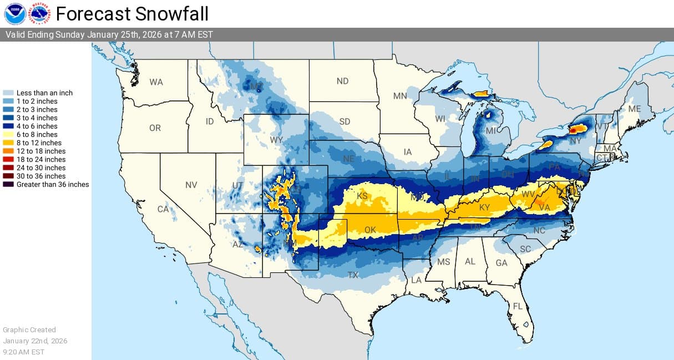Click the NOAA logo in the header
click(14, 13)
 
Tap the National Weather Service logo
click(39, 13)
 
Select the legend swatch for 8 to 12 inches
click(9, 143)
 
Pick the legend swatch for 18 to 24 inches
click(9, 159)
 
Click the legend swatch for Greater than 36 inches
click(9, 184)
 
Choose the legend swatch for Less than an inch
click(9, 93)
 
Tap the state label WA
click(156, 82)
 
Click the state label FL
click(518, 306)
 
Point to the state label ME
click(634, 109)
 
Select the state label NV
click(191, 185)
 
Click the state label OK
click(370, 230)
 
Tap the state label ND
click(342, 81)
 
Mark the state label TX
click(353, 275)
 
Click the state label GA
click(501, 263)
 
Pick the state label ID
click(210, 121)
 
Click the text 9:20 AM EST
click(23, 352)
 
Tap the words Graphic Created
click(29, 329)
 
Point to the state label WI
click(440, 119)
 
